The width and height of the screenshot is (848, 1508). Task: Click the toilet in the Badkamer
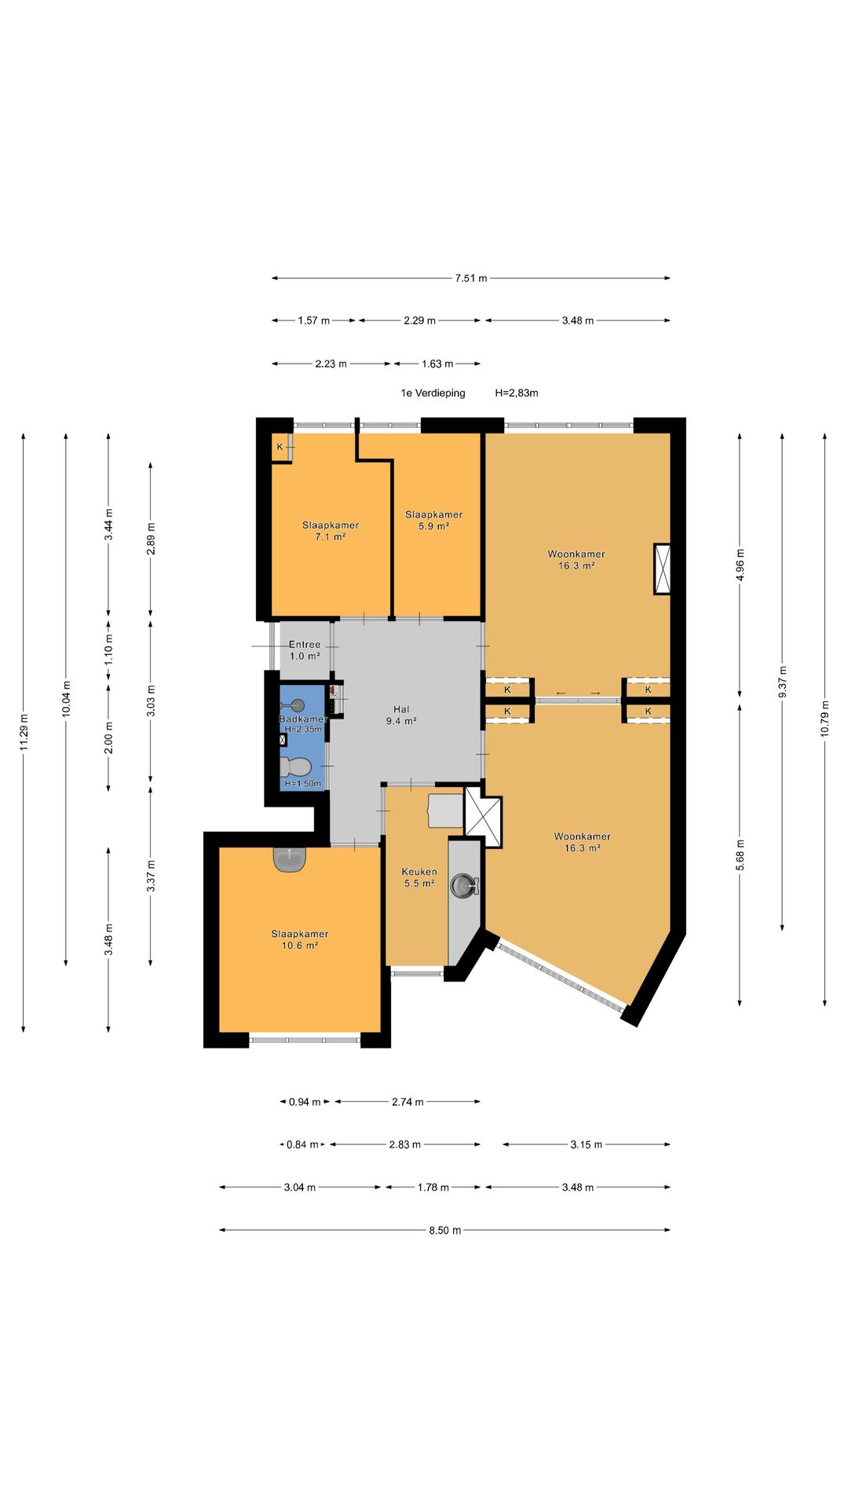point(294,765)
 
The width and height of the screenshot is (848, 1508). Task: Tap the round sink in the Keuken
point(463,886)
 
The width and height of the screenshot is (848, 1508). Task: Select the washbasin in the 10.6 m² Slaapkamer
point(291,858)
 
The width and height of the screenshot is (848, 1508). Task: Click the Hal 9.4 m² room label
point(401,715)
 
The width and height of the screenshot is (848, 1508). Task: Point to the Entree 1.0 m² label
point(305,650)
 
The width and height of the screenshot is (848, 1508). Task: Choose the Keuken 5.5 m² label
point(419,877)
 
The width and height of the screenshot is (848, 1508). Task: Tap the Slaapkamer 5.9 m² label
point(433,520)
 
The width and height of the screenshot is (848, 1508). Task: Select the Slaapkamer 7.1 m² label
point(331,531)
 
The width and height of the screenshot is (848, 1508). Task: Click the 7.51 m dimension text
point(471,278)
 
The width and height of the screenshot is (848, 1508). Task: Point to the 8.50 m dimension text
point(445,1230)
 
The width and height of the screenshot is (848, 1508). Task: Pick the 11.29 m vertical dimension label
point(24,732)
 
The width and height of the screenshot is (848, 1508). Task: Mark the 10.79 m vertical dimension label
point(824,718)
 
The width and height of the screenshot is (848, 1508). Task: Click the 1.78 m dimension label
point(433,1188)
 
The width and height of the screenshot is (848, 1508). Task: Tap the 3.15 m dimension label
point(587,1144)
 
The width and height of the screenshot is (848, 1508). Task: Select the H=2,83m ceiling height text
point(517,393)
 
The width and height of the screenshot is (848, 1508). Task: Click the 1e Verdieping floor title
point(433,393)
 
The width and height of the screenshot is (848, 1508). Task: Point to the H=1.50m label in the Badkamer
point(302,783)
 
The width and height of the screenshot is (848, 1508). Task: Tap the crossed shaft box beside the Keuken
point(483,817)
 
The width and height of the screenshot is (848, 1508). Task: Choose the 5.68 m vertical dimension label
point(740,855)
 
